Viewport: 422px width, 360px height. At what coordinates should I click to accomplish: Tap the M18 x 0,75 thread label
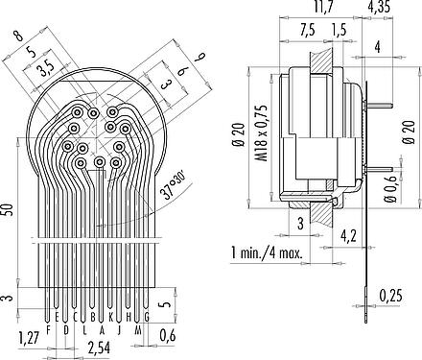click(263, 132)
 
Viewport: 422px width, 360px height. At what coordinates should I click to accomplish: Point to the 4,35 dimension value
click(379, 6)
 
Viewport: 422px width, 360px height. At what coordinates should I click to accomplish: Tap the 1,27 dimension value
click(29, 337)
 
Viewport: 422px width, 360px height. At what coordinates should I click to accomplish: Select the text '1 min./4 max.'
click(267, 253)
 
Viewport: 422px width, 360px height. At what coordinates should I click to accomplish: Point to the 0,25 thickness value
click(390, 296)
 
